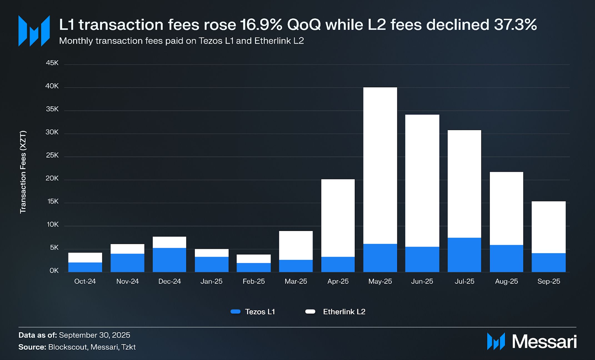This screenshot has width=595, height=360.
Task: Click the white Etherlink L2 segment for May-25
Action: [380, 165]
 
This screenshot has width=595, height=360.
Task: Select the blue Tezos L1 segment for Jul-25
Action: [464, 255]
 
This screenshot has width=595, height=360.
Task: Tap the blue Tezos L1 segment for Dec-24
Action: [169, 260]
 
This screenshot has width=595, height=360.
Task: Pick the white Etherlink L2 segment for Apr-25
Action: [338, 218]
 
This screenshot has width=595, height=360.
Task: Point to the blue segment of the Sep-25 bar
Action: [548, 262]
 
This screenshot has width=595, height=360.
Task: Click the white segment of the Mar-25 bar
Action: [296, 245]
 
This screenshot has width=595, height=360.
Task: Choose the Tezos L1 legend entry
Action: [253, 312]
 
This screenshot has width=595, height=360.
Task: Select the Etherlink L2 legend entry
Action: [335, 312]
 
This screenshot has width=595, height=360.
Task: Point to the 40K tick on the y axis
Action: [52, 86]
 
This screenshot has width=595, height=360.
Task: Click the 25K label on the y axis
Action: [52, 155]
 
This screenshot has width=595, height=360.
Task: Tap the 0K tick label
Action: [54, 270]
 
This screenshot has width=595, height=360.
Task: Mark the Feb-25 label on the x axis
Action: [254, 281]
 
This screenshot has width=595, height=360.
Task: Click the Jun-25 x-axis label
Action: [422, 281]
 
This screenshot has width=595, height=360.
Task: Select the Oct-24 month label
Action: [85, 281]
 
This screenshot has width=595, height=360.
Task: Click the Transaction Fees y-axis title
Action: [23, 172]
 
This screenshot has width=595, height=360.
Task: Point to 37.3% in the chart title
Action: [515, 25]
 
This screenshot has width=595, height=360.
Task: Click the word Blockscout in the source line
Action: [67, 347]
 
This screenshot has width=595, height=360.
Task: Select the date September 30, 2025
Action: [94, 335]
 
